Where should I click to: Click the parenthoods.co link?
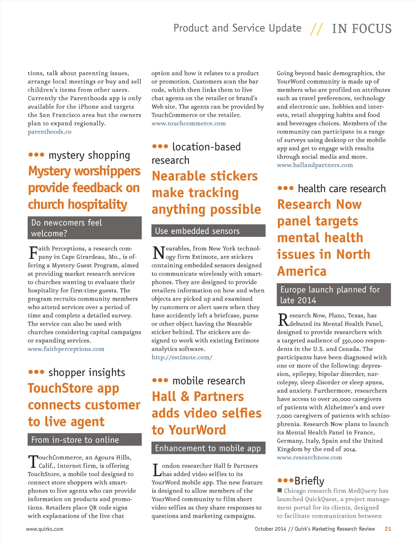point(49,132)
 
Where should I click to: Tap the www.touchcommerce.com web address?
point(189,123)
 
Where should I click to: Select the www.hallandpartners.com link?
point(315,165)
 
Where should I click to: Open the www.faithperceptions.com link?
point(66,349)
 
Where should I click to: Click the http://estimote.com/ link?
point(182,357)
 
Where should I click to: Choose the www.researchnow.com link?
point(309,457)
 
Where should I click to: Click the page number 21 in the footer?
point(388,529)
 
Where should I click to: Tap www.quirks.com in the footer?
point(44,529)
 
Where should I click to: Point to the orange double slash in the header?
point(316,29)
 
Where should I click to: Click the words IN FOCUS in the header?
point(362,29)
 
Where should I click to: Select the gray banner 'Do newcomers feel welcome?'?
point(85,228)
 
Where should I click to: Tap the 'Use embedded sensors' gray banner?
point(208,231)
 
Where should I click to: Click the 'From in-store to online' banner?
point(85,440)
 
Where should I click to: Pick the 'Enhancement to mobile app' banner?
point(208,448)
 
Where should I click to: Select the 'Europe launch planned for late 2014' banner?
point(334,295)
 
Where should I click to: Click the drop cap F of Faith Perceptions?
point(33,253)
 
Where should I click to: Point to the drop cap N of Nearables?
point(158,253)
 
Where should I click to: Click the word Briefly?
point(309,481)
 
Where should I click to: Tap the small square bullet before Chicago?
point(280,490)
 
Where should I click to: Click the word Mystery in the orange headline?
point(49,171)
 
